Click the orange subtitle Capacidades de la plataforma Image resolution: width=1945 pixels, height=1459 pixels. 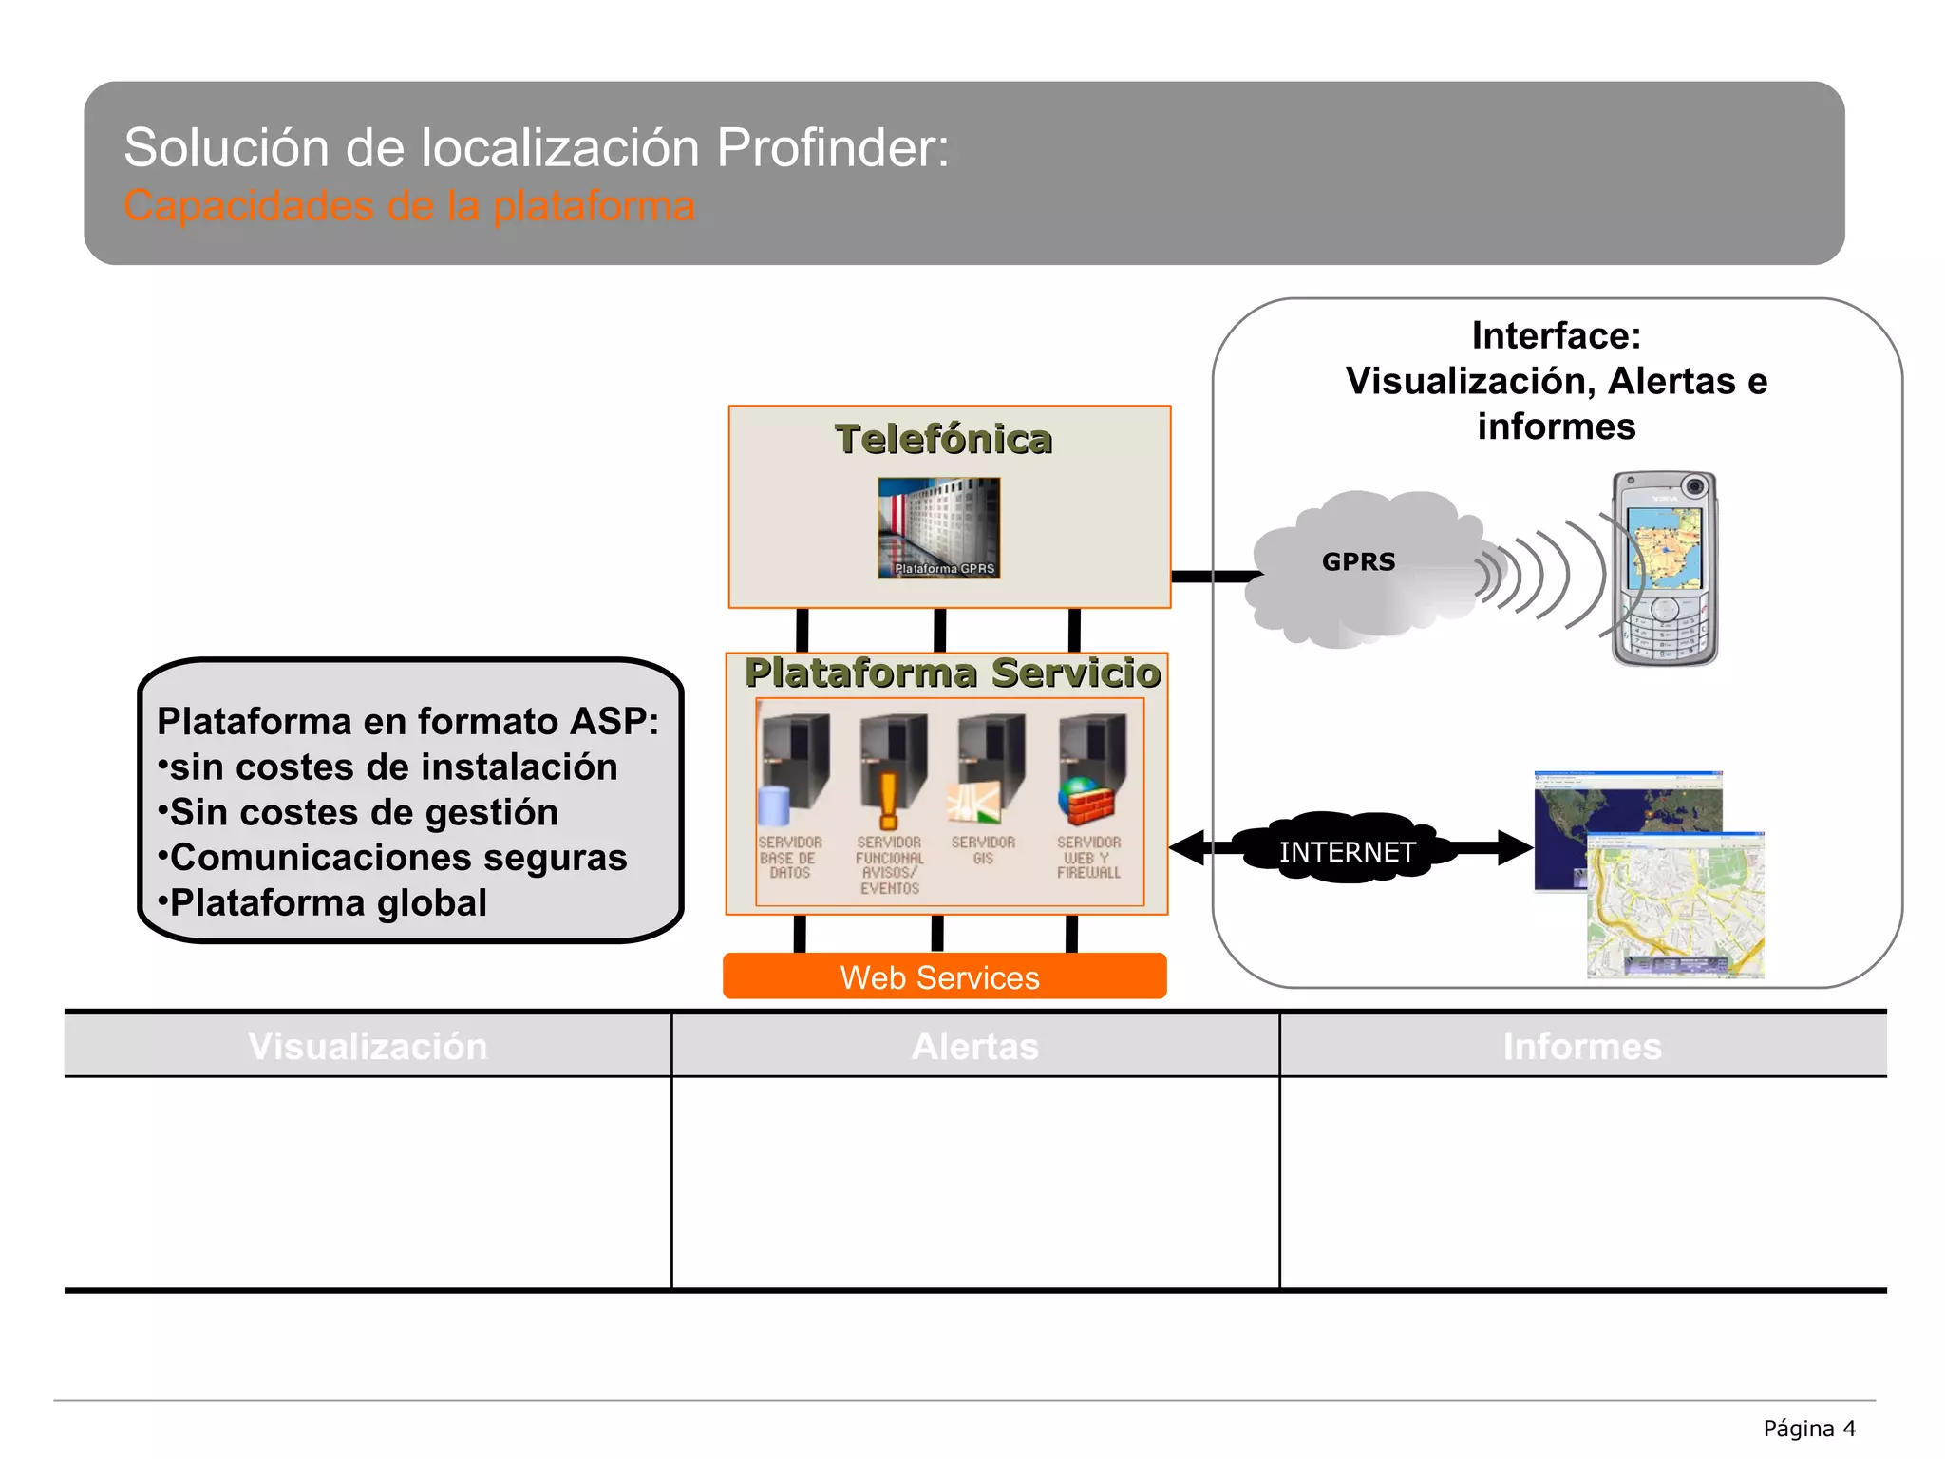409,206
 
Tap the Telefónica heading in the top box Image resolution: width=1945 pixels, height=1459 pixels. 943,440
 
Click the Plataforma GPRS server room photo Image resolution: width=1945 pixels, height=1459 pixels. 938,527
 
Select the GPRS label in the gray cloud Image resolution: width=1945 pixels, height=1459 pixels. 1358,562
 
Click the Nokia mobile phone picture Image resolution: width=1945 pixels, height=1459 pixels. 1664,568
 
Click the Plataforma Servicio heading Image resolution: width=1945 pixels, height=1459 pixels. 952,673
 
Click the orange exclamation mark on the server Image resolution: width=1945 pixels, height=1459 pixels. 888,800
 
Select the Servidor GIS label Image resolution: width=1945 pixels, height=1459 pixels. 983,850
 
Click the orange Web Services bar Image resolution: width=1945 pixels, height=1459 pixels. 944,977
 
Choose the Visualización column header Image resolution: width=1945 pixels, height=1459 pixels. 368,1046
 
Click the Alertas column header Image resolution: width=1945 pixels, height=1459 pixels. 974,1046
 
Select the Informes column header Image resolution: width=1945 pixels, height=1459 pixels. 1581,1046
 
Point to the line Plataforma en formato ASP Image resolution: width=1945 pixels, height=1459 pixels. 407,721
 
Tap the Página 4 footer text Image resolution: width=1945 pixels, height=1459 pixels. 1808,1429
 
